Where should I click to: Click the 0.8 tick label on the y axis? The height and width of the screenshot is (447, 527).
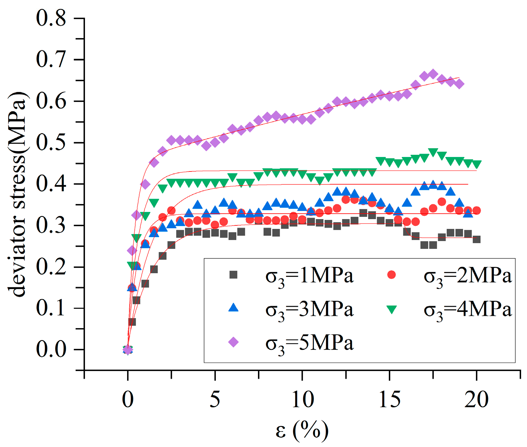51,18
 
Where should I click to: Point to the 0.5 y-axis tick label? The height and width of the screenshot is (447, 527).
51,142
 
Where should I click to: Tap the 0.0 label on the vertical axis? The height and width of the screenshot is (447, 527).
51,350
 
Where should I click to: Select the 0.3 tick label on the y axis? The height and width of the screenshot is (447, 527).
51,225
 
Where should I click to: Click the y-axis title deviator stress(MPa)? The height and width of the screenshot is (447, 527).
18,194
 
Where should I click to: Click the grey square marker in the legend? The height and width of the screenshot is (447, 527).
234,275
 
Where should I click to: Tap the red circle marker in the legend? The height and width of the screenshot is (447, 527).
391,275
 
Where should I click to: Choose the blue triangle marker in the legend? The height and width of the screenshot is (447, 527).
234,308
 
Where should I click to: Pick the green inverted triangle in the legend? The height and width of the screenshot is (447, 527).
391,309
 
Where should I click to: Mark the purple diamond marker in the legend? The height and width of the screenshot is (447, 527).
234,342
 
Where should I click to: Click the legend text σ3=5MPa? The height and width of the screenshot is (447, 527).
309,344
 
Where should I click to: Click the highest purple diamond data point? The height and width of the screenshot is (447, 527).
433,74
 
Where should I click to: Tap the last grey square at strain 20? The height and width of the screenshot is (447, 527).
477,239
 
